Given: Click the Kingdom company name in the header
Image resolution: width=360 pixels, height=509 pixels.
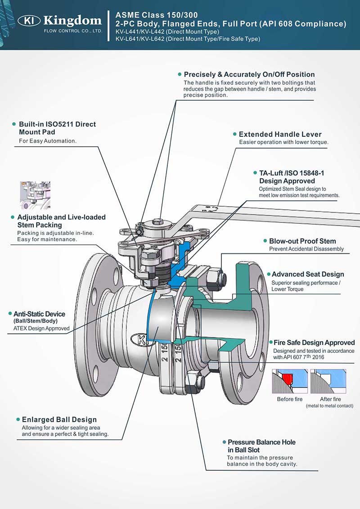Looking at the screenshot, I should click(72, 20).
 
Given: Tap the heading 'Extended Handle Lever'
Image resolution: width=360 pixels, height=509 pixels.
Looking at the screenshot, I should click(280, 134).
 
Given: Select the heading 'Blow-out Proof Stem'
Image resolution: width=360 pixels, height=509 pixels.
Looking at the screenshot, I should click(302, 241).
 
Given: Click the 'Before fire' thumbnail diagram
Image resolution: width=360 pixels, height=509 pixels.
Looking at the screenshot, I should click(289, 382).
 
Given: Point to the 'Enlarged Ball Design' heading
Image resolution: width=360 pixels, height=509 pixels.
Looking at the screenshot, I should click(59, 419).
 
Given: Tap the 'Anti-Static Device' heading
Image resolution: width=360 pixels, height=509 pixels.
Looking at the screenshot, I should click(39, 314).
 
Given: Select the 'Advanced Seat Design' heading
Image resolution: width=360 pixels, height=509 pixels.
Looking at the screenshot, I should click(308, 274).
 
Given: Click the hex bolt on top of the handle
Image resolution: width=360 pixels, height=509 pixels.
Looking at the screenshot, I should click(157, 221).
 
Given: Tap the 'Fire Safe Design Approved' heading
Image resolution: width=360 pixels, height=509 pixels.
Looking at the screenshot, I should click(314, 342).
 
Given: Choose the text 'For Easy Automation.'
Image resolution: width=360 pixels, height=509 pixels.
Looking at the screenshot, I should click(48, 141).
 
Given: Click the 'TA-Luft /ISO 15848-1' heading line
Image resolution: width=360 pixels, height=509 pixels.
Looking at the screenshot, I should click(292, 173).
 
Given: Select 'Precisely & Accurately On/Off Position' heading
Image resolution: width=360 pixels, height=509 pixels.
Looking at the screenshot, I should click(249, 74).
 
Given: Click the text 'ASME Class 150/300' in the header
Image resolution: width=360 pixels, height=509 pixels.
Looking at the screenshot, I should click(156, 15).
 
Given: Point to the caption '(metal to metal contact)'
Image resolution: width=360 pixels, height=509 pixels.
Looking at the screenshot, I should click(329, 406).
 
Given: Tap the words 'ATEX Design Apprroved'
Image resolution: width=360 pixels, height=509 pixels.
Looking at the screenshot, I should click(41, 329).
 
